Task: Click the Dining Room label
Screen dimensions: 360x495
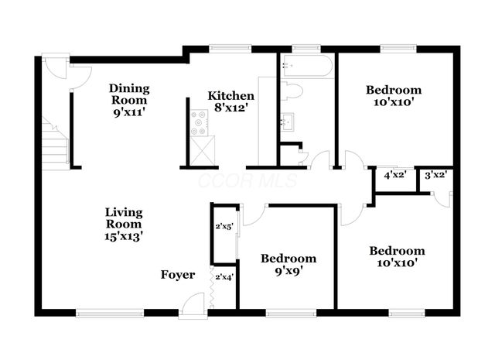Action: click(129, 94)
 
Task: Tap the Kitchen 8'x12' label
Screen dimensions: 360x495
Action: click(230, 101)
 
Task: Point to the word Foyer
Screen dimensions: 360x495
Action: click(178, 275)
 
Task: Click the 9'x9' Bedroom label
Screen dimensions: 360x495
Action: click(288, 265)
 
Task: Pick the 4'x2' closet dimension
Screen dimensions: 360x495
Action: click(395, 176)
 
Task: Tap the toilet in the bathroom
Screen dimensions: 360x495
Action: click(292, 91)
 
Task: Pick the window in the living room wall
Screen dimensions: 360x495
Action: click(110, 314)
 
